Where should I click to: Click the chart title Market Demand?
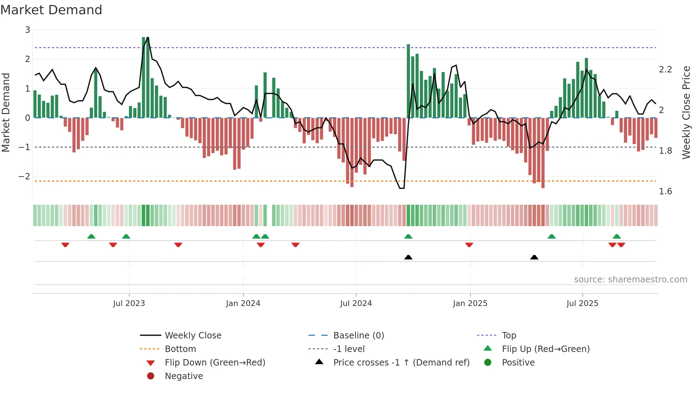click(x=51, y=10)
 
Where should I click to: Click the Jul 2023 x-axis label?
click(x=129, y=303)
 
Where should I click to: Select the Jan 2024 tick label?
click(x=243, y=303)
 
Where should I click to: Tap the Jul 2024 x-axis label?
click(x=356, y=303)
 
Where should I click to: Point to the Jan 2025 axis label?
click(x=470, y=303)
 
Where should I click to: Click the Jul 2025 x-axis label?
click(x=582, y=303)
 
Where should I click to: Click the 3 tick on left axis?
click(x=27, y=30)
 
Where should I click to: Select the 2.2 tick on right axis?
click(x=665, y=70)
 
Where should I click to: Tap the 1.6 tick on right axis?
click(x=665, y=192)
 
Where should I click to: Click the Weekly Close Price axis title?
click(x=686, y=112)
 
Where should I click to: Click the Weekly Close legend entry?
click(x=193, y=336)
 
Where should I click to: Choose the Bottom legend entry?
click(x=180, y=349)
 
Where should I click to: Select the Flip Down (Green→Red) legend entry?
click(x=215, y=363)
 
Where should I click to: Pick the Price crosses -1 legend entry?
click(x=401, y=363)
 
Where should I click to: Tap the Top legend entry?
click(x=509, y=336)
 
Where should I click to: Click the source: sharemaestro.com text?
click(x=630, y=280)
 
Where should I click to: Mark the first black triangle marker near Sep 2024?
click(x=408, y=257)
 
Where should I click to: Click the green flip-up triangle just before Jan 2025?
click(x=408, y=236)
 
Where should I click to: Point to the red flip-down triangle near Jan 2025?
click(x=469, y=245)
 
